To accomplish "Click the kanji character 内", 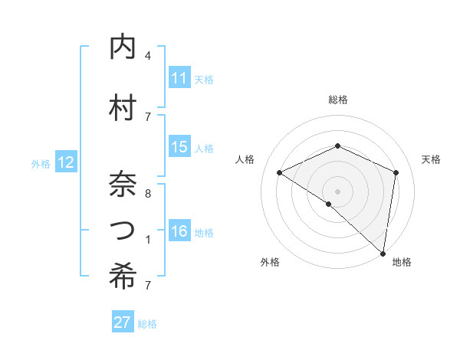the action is click(123, 48).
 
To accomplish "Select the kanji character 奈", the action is click(123, 184).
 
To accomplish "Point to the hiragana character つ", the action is click(123, 231).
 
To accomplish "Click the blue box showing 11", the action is click(179, 78).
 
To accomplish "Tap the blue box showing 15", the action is click(179, 147).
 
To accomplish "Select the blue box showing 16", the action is click(179, 231).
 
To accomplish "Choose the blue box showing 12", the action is click(66, 162).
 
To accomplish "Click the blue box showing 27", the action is click(123, 322).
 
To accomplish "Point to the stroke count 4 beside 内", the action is click(147, 56).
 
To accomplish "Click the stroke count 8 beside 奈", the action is click(147, 193).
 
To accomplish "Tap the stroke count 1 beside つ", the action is click(147, 240).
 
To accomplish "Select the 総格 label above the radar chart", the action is click(338, 100).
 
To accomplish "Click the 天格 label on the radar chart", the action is click(431, 159).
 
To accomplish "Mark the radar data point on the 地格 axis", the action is click(383, 253).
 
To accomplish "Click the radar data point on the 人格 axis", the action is click(280, 172).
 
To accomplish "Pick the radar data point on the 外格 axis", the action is click(329, 204).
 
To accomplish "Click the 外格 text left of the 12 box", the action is click(41, 163).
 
